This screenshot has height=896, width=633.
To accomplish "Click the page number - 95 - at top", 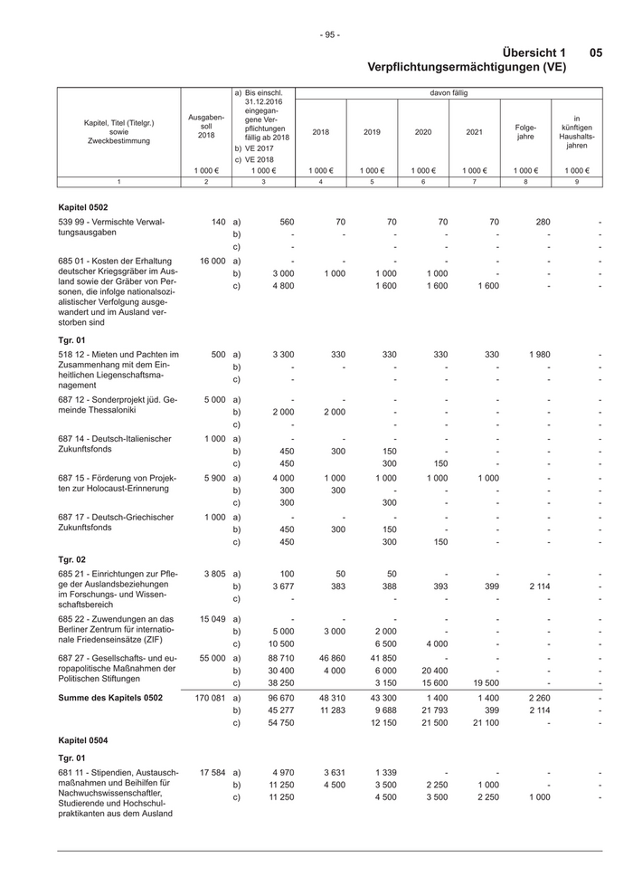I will (x=329, y=34).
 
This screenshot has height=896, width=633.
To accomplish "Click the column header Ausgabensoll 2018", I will (x=206, y=126).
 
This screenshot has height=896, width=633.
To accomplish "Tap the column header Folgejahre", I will (x=525, y=132).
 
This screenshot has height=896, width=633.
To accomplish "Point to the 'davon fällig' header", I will (x=449, y=92).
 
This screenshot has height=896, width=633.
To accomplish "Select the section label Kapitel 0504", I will (x=82, y=739).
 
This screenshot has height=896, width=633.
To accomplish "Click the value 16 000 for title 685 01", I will (x=212, y=260).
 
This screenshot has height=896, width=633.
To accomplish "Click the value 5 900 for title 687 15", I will (x=212, y=477).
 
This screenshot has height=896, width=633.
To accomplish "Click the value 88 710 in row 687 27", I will (x=279, y=658).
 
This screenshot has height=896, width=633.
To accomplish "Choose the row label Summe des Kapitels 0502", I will (x=110, y=698).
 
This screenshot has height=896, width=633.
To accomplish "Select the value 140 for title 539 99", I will (x=218, y=221).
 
